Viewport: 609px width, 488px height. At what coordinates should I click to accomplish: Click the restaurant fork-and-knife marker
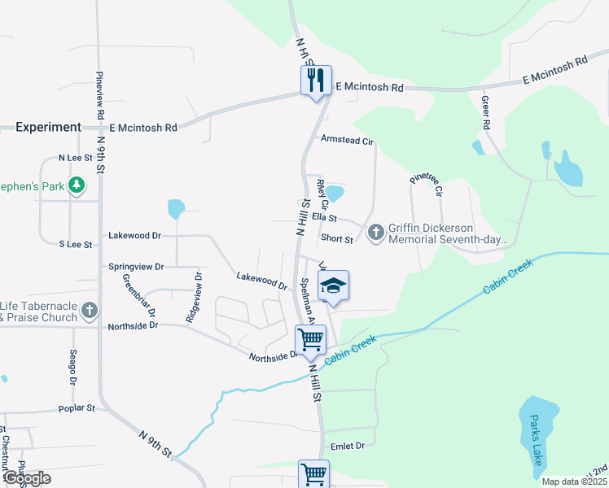pyautogui.click(x=316, y=81)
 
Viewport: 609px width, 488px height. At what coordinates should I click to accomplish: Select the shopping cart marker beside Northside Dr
pyautogui.click(x=310, y=340)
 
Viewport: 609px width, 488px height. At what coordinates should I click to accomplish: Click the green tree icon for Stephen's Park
pyautogui.click(x=77, y=186)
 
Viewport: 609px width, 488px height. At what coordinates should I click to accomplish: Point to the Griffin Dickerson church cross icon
pyautogui.click(x=375, y=233)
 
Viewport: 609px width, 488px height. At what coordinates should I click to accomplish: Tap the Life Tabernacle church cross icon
pyautogui.click(x=90, y=311)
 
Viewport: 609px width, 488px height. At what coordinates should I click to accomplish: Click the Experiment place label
pyautogui.click(x=48, y=128)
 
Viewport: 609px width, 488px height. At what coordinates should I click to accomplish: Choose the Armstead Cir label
pyautogui.click(x=347, y=141)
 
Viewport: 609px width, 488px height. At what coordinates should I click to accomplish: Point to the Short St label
pyautogui.click(x=337, y=238)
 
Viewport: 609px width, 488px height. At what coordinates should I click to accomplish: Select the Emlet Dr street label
pyautogui.click(x=348, y=446)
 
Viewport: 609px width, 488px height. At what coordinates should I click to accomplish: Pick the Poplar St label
pyautogui.click(x=77, y=408)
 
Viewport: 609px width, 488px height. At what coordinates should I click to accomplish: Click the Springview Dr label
pyautogui.click(x=136, y=267)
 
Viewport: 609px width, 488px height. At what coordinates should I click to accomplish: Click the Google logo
pyautogui.click(x=27, y=478)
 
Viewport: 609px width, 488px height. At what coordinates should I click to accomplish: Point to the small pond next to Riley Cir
pyautogui.click(x=335, y=194)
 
